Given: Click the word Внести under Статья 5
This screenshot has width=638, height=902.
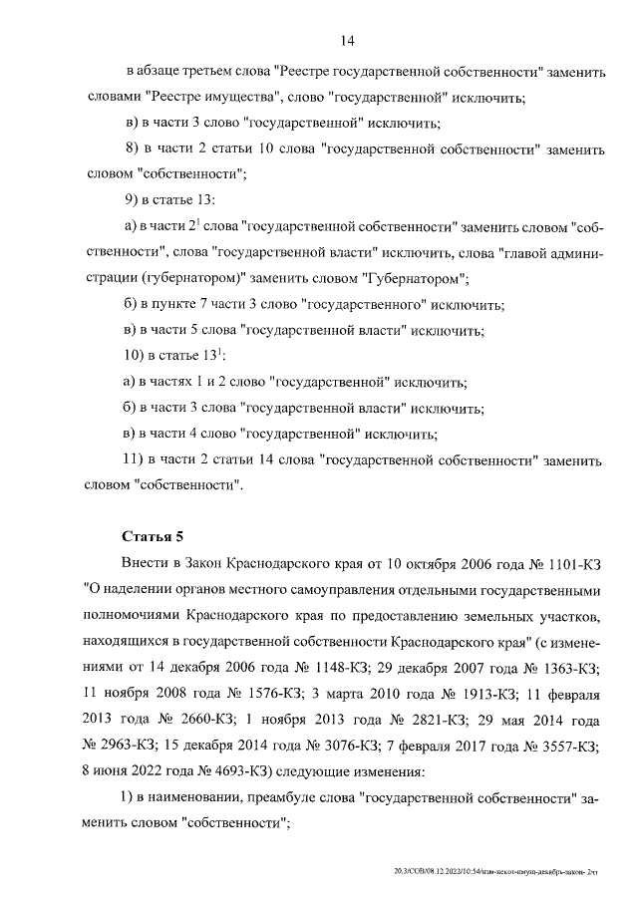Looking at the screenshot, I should tap(148, 563).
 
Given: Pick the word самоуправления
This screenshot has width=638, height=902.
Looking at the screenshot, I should tap(327, 589).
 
